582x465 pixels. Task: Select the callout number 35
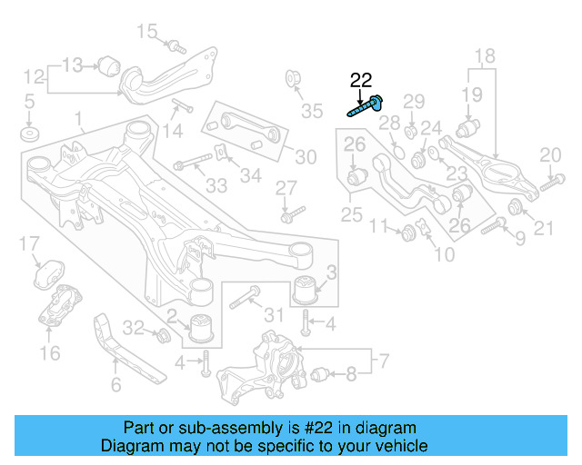[x=312, y=112]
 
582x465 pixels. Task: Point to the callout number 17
[x=29, y=243]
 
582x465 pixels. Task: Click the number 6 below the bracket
[x=115, y=385]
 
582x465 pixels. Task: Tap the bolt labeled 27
[x=288, y=216]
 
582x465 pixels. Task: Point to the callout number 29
[x=414, y=101]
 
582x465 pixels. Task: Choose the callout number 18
[x=485, y=55]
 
